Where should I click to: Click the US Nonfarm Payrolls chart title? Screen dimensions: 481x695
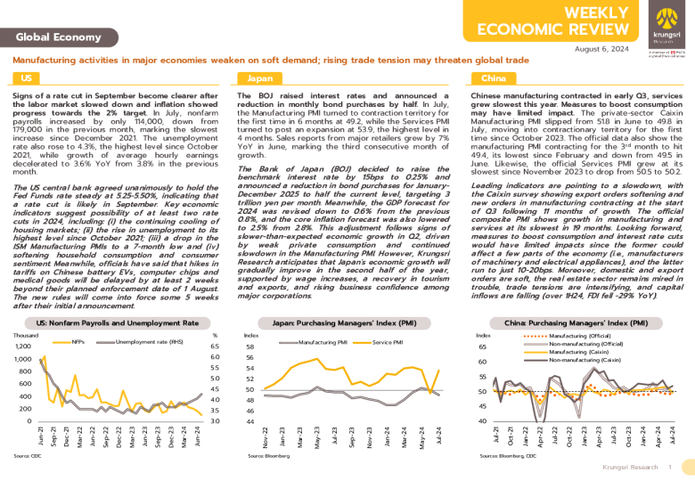pos(116,322)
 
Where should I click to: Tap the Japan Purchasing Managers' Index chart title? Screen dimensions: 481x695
pos(348,322)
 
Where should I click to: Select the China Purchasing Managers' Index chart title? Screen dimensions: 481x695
pos(576,322)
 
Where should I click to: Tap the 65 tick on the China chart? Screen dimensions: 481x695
pos(482,346)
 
